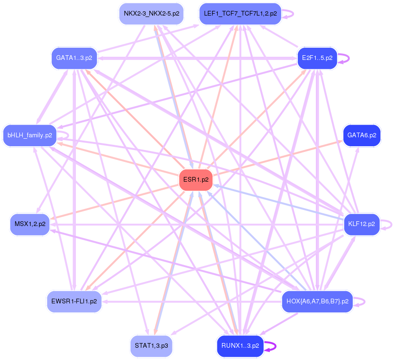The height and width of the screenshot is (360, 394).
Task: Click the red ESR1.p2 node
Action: [x=196, y=180]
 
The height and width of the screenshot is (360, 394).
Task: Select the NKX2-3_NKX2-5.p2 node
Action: [x=151, y=13]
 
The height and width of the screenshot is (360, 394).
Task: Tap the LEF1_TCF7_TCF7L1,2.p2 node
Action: [x=240, y=13]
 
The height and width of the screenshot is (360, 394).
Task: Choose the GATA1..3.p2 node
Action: [x=74, y=58]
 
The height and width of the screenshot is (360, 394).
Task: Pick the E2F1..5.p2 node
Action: [x=317, y=58]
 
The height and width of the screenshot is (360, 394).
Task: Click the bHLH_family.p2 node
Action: [x=30, y=135]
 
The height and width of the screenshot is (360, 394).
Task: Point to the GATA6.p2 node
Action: [x=361, y=135]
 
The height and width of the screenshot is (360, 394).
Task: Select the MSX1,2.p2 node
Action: [x=30, y=224]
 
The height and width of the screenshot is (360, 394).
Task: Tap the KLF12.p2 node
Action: [x=361, y=224]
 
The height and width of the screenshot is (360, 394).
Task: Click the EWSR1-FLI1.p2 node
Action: [x=74, y=301]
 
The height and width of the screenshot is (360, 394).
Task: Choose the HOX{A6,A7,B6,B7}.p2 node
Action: [x=317, y=301]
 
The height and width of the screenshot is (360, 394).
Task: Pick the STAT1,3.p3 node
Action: [x=151, y=346]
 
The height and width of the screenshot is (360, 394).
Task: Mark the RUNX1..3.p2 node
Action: [x=240, y=346]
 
